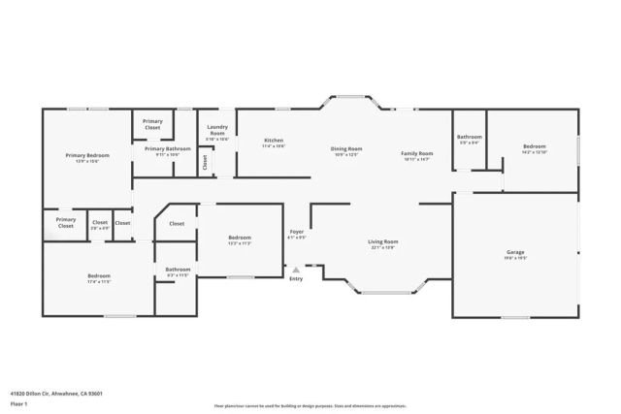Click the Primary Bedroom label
pos(87,155)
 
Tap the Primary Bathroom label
pos(168,148)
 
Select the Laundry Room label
pos(217,133)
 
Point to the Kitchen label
pos(274,141)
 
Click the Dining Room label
pos(347,148)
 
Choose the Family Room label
pos(417,153)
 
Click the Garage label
pos(515,252)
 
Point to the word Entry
pos(296,279)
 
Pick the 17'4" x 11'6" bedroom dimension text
pos(99,281)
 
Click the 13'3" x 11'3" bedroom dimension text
pos(240,243)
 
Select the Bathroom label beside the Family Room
pos(470,137)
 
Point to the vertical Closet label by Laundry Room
pos(205,164)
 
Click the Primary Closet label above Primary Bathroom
pos(152,124)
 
